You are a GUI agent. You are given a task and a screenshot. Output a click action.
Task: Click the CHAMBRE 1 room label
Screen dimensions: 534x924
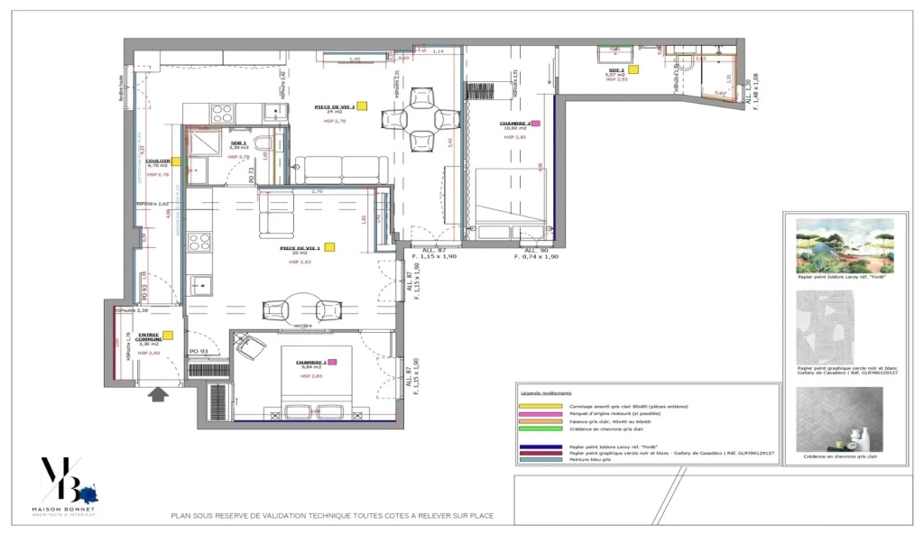click(310, 362)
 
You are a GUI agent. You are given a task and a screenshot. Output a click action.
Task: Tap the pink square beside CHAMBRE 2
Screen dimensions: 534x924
click(536, 124)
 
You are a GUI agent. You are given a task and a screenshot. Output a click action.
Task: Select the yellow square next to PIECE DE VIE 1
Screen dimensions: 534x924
click(330, 246)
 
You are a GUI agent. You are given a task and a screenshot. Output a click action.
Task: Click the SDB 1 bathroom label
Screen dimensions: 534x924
click(238, 143)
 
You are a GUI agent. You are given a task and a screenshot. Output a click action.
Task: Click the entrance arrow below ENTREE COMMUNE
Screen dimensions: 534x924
click(160, 393)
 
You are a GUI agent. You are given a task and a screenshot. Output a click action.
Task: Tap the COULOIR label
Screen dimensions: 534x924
click(157, 161)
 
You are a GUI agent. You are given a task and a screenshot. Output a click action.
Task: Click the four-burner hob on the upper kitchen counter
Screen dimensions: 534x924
click(222, 114)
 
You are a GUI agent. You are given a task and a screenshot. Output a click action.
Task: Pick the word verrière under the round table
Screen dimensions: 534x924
click(301, 325)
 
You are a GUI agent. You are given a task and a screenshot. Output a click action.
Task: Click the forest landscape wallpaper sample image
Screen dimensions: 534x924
click(845, 246)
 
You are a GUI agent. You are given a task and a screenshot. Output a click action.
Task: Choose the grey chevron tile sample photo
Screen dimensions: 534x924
click(845, 419)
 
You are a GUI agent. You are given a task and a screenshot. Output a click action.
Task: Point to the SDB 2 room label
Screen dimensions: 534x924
click(616, 69)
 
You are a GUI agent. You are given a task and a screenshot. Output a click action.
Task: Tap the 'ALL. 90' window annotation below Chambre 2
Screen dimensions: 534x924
click(537, 250)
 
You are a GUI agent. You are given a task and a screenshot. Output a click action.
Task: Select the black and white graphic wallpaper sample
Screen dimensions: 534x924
click(845, 326)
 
